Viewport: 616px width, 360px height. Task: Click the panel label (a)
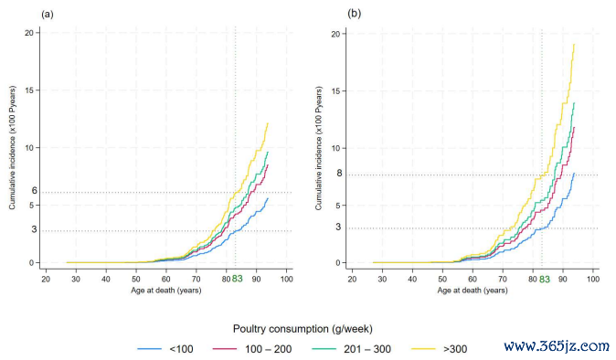click(48, 15)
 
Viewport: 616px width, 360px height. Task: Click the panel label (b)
click(354, 14)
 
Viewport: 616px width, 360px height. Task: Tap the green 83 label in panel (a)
click(238, 279)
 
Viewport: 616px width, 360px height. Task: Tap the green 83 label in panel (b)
click(544, 279)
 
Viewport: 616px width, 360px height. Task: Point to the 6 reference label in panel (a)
click(35, 190)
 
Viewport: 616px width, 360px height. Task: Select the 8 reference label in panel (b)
click(339, 173)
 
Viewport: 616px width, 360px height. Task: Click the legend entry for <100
click(165, 349)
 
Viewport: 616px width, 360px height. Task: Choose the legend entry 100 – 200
click(252, 349)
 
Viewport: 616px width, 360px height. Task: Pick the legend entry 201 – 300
click(351, 349)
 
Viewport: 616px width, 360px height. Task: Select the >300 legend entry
click(440, 349)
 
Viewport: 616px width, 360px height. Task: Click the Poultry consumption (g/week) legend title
click(303, 329)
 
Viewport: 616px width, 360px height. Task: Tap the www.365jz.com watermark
click(557, 346)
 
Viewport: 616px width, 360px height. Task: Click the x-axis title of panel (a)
click(166, 291)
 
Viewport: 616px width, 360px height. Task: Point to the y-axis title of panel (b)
click(318, 148)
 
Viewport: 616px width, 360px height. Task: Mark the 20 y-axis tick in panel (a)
click(29, 33)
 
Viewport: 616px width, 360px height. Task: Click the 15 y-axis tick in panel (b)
click(335, 91)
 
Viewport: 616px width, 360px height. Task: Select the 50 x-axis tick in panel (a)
click(136, 279)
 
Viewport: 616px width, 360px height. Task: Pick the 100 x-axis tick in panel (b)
click(593, 279)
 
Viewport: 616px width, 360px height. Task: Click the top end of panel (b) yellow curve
click(574, 45)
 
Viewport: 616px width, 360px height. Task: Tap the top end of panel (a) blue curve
click(268, 198)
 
